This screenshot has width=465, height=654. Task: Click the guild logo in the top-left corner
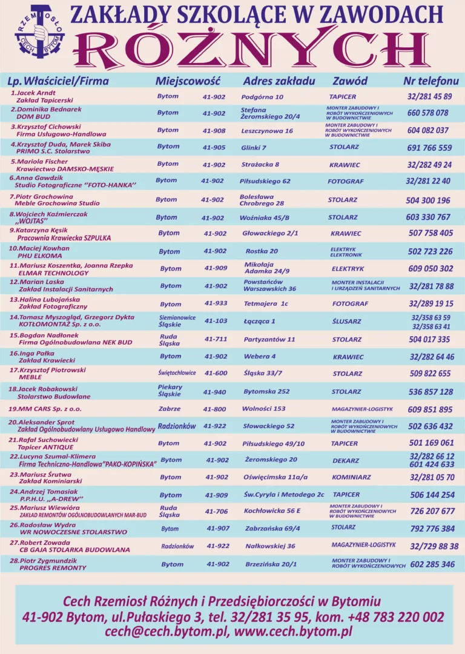[x=39, y=33]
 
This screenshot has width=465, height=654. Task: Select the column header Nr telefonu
[x=430, y=81]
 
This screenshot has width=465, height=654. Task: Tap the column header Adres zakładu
[x=279, y=81]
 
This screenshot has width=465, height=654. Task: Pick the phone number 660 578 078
[x=427, y=113]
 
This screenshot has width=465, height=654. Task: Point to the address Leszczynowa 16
[x=266, y=131]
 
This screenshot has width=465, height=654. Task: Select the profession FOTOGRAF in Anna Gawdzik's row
[x=347, y=181]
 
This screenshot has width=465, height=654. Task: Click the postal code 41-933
[x=216, y=303]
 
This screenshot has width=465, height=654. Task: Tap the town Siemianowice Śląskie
[x=177, y=321]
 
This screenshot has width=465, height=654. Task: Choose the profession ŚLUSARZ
[x=346, y=322]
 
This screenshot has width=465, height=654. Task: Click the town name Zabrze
[x=170, y=409]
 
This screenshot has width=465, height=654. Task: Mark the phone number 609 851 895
[x=430, y=409]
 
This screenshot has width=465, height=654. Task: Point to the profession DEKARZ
[x=346, y=461]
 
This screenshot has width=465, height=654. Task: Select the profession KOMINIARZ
[x=351, y=477]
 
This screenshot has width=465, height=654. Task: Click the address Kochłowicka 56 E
[x=272, y=511]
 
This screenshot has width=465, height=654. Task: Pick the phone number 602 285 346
[x=432, y=564]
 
